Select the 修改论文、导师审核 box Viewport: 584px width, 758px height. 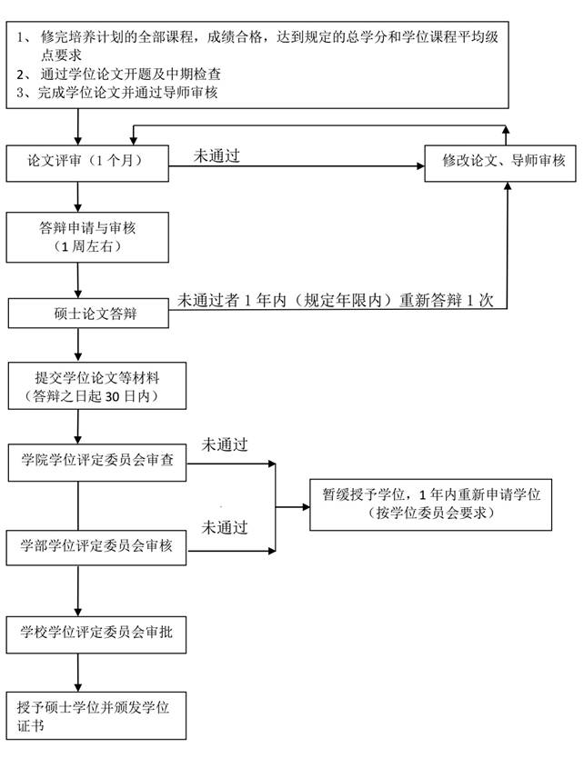503,162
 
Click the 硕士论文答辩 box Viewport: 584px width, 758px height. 87,314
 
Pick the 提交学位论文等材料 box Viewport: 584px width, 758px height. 96,386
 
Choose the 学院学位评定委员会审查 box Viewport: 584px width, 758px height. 96,463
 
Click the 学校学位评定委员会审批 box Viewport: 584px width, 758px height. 96,632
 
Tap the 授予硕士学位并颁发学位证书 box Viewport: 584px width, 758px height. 96,714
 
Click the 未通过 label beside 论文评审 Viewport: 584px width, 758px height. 216,155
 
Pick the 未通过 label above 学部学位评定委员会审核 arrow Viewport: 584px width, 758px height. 224,527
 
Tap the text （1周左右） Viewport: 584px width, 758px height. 87,246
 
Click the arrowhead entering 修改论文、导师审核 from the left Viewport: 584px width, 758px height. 419,165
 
